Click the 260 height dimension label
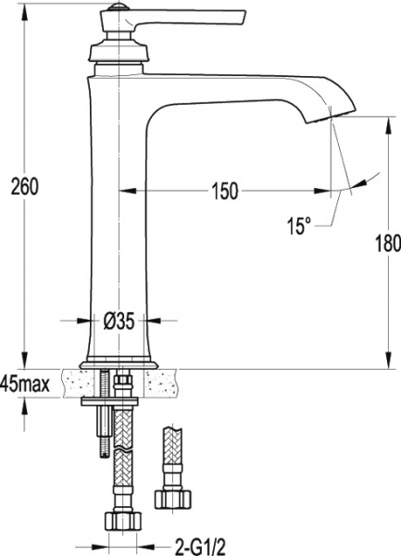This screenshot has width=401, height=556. coord(24,187)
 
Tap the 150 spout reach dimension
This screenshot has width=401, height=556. coord(225,191)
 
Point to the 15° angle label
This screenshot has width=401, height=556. coord(298,226)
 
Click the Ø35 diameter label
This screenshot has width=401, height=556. coord(119,322)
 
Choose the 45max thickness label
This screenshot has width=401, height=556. coord(25,384)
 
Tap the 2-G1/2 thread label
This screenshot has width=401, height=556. coord(200,547)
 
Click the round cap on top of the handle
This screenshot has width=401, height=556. coord(118,6)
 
